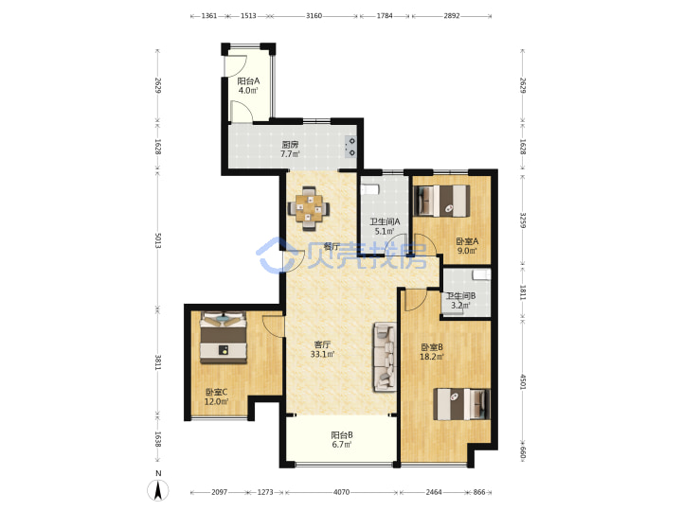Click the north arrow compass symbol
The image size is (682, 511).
click(158, 491)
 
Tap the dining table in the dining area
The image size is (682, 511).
click(309, 207)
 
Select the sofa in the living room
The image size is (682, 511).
click(385, 357)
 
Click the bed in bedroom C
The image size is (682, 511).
click(224, 337)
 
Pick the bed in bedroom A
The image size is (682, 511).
click(441, 201)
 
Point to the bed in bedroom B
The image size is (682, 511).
click(462, 404)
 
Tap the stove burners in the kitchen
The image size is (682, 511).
click(350, 147)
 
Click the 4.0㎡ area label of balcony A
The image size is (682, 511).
click(248, 91)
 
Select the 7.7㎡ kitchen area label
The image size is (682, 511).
click(290, 154)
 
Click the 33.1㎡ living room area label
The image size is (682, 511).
click(322, 355)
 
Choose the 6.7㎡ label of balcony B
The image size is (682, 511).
click(341, 445)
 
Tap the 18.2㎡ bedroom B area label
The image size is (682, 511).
click(432, 357)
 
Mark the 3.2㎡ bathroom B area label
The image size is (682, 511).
click(460, 306)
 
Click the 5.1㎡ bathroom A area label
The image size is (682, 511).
click(385, 232)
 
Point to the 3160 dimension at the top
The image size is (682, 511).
click(314, 16)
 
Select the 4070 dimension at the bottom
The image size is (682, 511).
click(341, 492)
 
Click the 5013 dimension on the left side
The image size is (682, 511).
click(158, 240)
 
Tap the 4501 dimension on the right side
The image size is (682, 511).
click(523, 382)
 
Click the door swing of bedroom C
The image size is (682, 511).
click(273, 326)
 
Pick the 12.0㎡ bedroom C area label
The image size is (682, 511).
click(217, 402)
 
